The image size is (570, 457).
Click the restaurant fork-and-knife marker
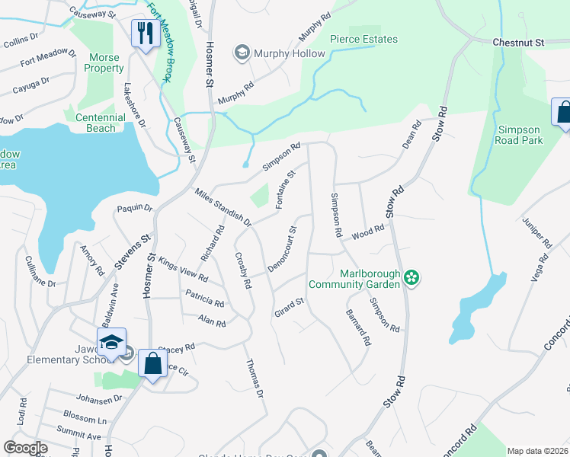coord(142,34)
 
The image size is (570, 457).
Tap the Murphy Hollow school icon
coord(242,53)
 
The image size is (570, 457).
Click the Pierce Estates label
coord(363,40)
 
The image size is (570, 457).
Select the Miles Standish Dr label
coord(223,208)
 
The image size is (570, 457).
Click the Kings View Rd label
coord(183,269)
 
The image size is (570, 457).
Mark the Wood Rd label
coord(370,231)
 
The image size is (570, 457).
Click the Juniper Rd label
coord(537,232)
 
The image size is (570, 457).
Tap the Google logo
coord(25,448)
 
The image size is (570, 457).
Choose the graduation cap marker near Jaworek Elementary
coord(111,342)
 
